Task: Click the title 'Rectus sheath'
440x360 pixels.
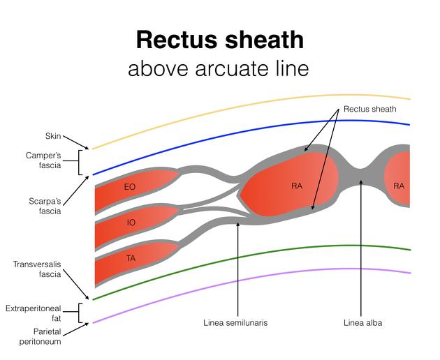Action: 220,39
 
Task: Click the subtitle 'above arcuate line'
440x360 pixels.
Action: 218,69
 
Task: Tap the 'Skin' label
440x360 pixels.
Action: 53,137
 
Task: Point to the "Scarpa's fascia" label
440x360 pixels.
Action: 43,206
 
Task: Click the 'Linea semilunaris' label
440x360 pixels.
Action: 235,323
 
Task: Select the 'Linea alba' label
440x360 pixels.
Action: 363,323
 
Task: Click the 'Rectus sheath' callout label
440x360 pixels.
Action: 370,110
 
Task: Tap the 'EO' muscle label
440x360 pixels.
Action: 129,187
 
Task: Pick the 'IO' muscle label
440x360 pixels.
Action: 131,223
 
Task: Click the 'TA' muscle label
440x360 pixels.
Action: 131,258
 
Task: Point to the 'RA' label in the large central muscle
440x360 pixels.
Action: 297,186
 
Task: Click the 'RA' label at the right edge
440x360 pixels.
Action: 398,186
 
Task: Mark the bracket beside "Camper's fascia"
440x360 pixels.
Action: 81,162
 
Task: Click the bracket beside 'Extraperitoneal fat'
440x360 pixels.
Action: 81,313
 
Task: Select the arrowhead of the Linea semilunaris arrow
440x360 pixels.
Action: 238,223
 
